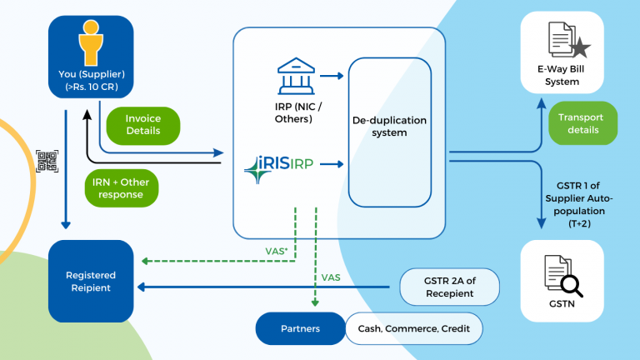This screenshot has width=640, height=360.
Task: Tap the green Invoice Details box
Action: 143,124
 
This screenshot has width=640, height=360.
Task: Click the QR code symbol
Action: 47,162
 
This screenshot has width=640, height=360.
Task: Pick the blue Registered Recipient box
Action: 91,282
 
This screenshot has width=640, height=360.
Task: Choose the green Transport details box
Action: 582,123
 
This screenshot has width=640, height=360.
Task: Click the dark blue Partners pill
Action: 299,328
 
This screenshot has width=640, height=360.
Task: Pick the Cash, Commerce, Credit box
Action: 413,328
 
